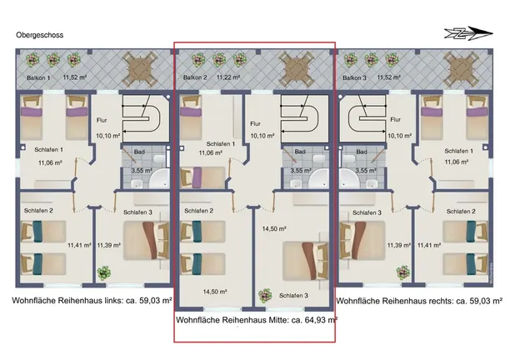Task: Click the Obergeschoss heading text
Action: pyautogui.click(x=40, y=35)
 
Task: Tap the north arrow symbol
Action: pyautogui.click(x=468, y=33)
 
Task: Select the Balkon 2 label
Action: pyautogui.click(x=195, y=77)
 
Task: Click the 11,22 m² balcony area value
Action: pyautogui.click(x=228, y=77)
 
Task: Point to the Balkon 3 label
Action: pyautogui.click(x=354, y=77)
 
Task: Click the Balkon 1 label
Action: pyautogui.click(x=38, y=78)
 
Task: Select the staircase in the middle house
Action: pyautogui.click(x=304, y=118)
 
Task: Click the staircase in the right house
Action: pyautogui.click(x=363, y=118)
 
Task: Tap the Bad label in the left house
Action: pyautogui.click(x=139, y=152)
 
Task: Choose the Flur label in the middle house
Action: pyautogui.click(x=256, y=124)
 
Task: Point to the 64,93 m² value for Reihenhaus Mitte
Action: pyautogui.click(x=321, y=320)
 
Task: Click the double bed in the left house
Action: pyautogui.click(x=147, y=241)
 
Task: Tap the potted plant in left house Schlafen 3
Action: pyautogui.click(x=104, y=273)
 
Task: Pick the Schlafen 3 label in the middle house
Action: pyautogui.click(x=293, y=296)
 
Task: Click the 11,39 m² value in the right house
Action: pyautogui.click(x=399, y=245)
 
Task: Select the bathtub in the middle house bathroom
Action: pyautogui.click(x=318, y=179)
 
